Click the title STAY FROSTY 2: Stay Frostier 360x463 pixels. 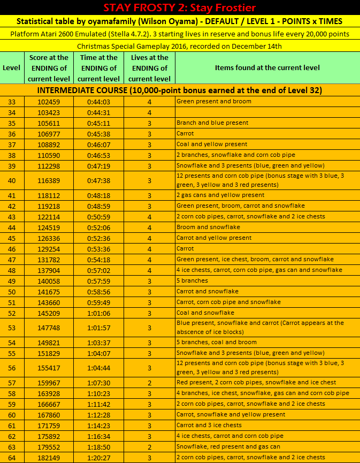[x=180, y=7]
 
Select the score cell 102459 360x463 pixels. [x=49, y=102]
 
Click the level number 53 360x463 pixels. [x=12, y=328]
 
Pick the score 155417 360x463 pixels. [x=49, y=368]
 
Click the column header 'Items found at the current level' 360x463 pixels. [x=267, y=68]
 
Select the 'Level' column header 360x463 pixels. [x=12, y=68]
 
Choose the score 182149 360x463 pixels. [x=49, y=458]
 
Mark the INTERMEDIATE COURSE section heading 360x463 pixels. [x=180, y=90]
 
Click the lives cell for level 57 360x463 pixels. [x=149, y=383]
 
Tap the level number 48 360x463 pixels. [x=12, y=270]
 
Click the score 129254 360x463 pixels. [x=49, y=249]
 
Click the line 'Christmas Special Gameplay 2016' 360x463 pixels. [x=180, y=46]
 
